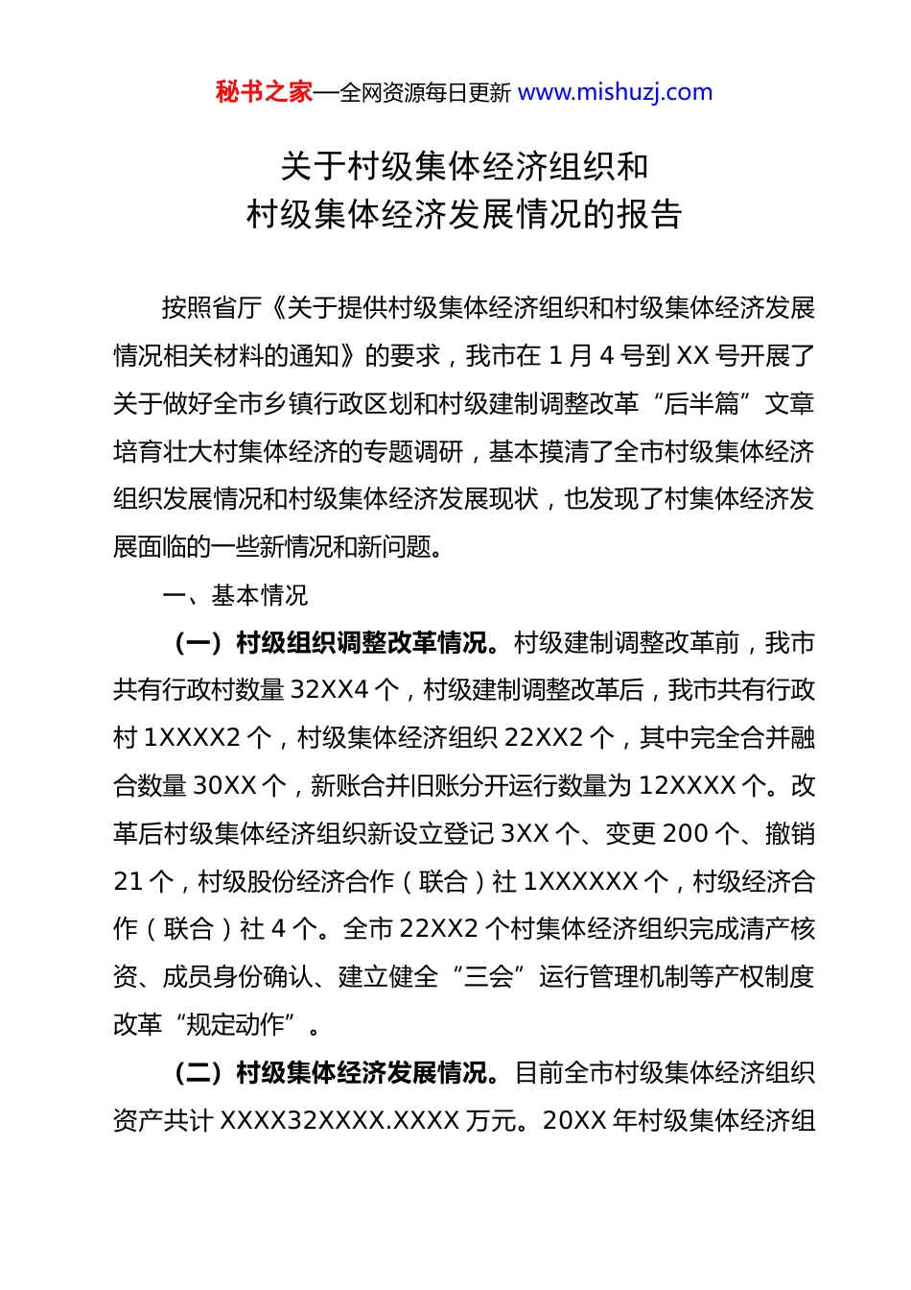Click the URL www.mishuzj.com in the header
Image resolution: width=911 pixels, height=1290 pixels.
pyautogui.click(x=615, y=92)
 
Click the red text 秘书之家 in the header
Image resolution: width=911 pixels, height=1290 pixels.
pyautogui.click(x=264, y=92)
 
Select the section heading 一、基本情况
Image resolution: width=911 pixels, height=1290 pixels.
pyautogui.click(x=235, y=595)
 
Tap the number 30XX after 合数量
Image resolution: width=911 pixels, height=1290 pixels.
pyautogui.click(x=225, y=786)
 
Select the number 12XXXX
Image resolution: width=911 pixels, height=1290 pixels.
pyautogui.click(x=688, y=786)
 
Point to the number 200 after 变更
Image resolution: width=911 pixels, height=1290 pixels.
pyautogui.click(x=685, y=833)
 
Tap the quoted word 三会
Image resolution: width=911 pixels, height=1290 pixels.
pyautogui.click(x=487, y=977)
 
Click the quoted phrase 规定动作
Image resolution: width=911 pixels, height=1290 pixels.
pyautogui.click(x=234, y=1024)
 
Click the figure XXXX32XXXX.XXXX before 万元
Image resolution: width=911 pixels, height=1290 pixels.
pyautogui.click(x=339, y=1120)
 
